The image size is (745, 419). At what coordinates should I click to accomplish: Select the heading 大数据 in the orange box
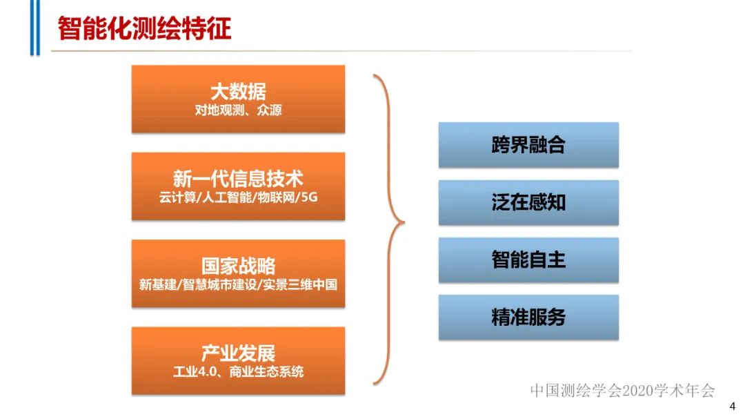pos(238,91)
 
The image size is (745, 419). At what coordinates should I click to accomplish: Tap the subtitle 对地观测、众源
pos(238,109)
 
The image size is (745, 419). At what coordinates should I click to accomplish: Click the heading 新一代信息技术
pos(238,178)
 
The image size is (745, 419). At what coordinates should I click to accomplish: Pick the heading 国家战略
pos(238,266)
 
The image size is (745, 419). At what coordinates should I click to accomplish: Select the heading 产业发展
pos(238,353)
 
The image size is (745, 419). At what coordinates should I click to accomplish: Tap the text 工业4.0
pos(196,371)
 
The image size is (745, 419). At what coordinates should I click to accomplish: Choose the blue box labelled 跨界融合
pos(528,145)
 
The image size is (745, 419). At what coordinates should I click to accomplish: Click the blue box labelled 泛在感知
pos(528,202)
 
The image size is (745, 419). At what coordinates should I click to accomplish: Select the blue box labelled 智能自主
pos(528,260)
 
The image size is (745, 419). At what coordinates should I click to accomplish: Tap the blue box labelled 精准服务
pos(528,317)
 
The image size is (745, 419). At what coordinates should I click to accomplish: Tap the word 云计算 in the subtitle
pos(175,197)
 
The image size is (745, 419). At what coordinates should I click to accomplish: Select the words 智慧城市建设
pos(221,284)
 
